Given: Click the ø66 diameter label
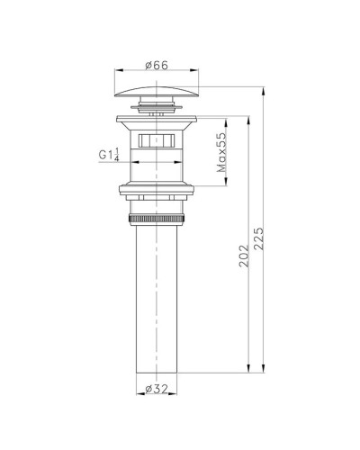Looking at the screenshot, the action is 157,65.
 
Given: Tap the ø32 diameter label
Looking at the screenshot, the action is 157,389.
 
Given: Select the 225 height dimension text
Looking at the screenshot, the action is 258,238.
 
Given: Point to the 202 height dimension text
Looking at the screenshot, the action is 244,256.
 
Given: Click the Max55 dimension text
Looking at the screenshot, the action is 221,152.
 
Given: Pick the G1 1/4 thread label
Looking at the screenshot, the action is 109,155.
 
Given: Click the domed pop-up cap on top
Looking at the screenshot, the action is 157,92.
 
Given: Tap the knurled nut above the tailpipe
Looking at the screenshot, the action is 157,219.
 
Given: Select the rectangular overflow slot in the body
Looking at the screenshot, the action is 157,140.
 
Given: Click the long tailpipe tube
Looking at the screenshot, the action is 157,299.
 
